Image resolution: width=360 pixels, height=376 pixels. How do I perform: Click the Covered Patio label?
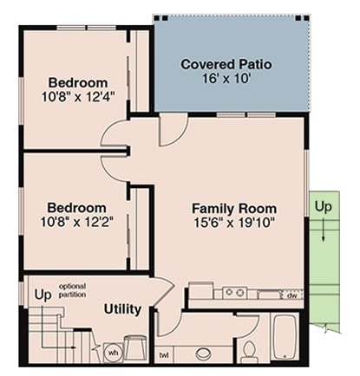[x=226, y=65]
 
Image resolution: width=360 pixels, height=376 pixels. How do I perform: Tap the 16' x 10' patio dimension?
[x=226, y=80]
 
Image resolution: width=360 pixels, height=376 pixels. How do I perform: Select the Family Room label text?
[x=234, y=209]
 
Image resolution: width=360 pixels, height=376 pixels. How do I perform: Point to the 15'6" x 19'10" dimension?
[x=234, y=224]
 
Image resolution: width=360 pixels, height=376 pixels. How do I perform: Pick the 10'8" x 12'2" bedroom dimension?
[x=76, y=224]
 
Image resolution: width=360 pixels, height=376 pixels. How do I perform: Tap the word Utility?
[x=122, y=309]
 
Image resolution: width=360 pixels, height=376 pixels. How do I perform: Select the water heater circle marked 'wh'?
[x=112, y=353]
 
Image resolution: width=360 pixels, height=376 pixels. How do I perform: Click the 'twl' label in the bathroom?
[x=164, y=355]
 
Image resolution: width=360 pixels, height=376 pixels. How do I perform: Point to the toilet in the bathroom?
[x=248, y=350]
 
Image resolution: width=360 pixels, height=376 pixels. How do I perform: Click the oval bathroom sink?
[x=205, y=353]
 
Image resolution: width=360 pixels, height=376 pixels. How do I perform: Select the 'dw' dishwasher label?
[x=292, y=295]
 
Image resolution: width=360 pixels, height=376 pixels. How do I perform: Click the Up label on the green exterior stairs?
[x=323, y=208]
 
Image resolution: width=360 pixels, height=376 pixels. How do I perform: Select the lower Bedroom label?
[x=76, y=209]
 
